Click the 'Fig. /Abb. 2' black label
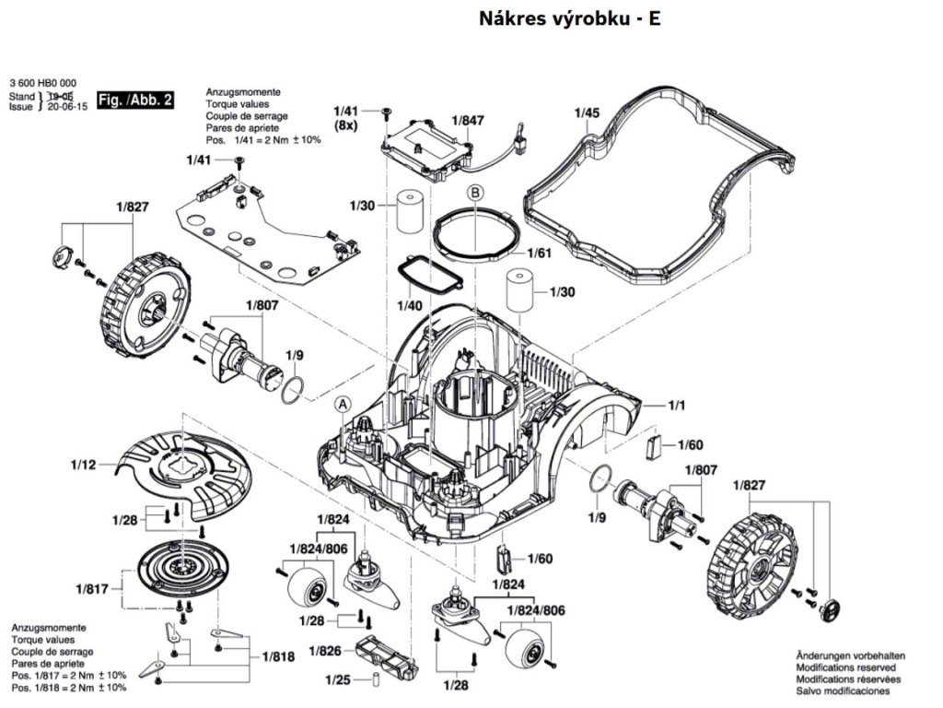[x=135, y=100]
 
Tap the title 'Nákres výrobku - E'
[x=569, y=18]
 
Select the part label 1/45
[x=587, y=112]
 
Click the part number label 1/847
[x=468, y=121]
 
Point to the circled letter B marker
[x=475, y=192]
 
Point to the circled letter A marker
[x=343, y=405]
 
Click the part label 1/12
[x=83, y=465]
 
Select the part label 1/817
[x=91, y=588]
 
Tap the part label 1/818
[x=278, y=656]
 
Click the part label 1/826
[x=325, y=651]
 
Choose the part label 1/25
[x=337, y=679]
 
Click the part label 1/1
[x=677, y=406]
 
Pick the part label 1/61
[x=539, y=253]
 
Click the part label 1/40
[x=409, y=305]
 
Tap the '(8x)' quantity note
[x=345, y=125]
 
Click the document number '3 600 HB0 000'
[x=42, y=83]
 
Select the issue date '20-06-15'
[x=67, y=107]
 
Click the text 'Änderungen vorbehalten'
[x=850, y=655]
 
